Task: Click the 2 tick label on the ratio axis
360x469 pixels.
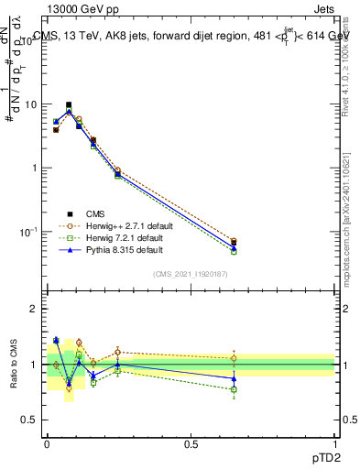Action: click(35, 309)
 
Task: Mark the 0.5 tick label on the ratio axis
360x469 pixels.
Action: click(31, 420)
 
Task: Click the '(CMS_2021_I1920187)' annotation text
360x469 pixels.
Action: click(191, 273)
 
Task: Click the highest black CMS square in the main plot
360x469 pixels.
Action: click(69, 105)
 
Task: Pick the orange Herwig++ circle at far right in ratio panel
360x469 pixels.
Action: click(234, 358)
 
